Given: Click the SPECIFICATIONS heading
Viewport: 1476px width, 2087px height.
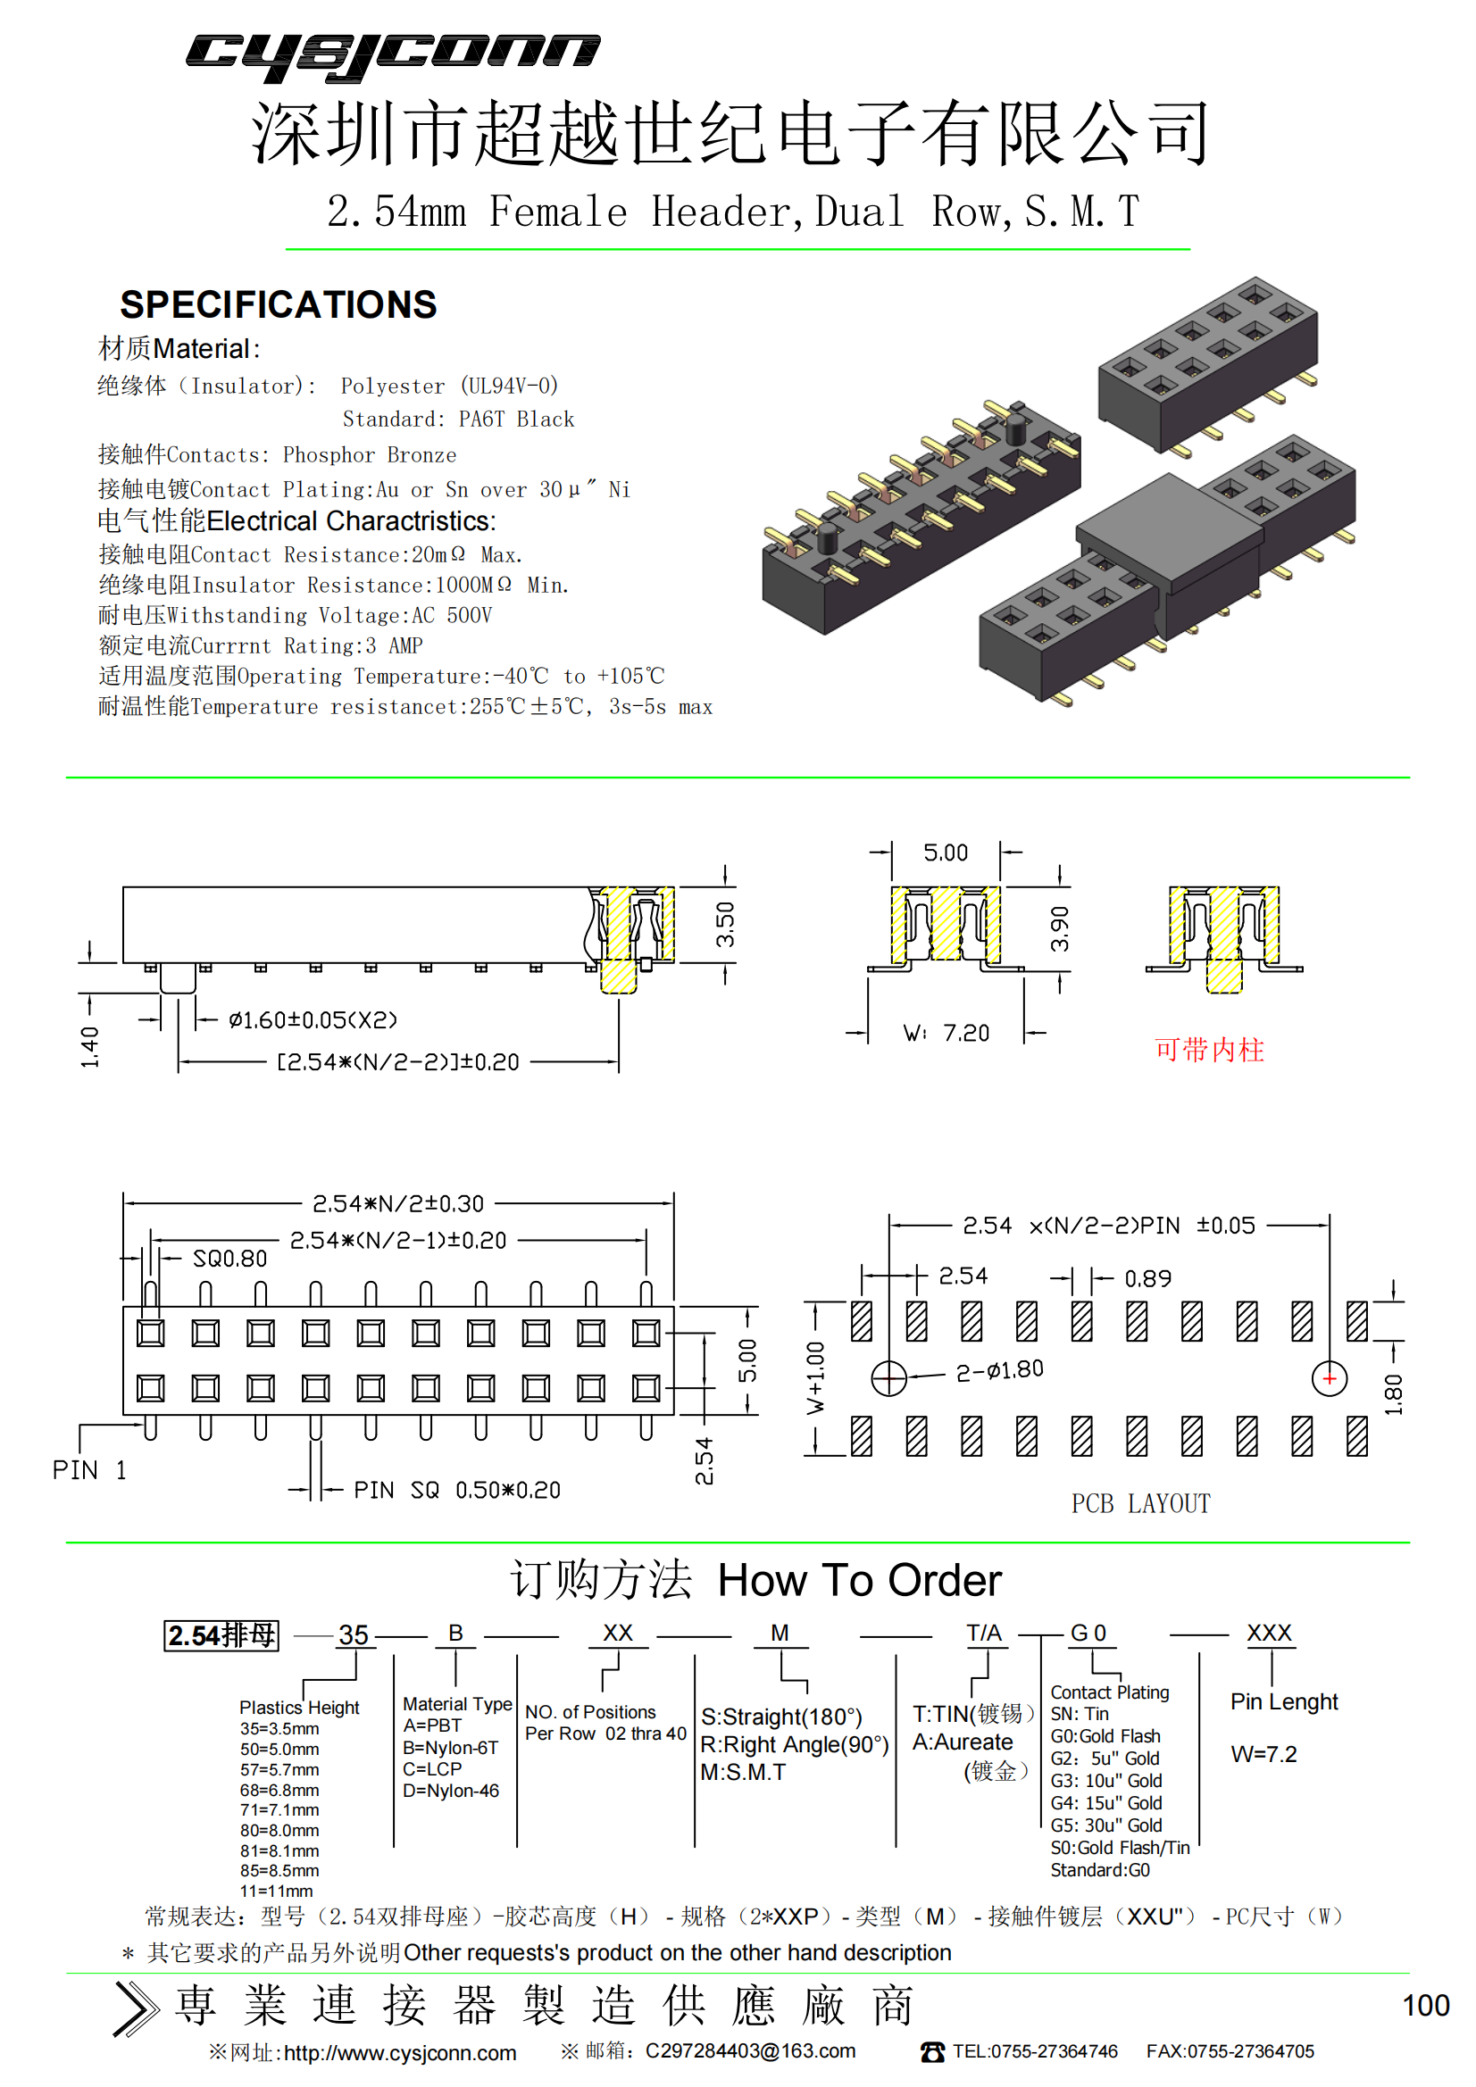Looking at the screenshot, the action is [x=279, y=305].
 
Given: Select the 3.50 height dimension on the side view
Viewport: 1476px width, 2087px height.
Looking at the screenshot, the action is [x=725, y=925].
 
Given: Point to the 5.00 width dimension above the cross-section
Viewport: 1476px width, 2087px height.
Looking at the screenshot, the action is [x=946, y=852].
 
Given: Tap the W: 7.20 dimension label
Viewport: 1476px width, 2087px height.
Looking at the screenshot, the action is [x=946, y=1033].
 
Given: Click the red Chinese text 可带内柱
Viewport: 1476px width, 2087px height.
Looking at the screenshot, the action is [x=1210, y=1050].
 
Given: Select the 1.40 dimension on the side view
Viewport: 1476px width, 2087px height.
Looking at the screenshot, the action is [x=89, y=1047].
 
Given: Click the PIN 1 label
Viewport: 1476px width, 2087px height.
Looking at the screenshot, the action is [x=89, y=1470].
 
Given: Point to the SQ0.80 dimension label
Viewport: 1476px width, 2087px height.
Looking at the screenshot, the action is [x=230, y=1259].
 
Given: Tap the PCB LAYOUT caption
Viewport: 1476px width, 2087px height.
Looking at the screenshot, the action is [x=1140, y=1503].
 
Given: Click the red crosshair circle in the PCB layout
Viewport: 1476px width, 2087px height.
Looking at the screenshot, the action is [x=1330, y=1379].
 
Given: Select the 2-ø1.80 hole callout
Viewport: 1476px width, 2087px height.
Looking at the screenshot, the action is [x=999, y=1371].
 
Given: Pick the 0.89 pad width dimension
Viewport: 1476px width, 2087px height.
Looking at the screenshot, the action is [x=1147, y=1279].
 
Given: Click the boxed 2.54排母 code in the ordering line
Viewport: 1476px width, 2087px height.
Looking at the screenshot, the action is [x=222, y=1635].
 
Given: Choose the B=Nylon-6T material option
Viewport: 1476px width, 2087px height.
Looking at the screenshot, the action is [x=450, y=1747].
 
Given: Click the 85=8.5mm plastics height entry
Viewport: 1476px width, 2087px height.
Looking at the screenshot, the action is [x=280, y=1871].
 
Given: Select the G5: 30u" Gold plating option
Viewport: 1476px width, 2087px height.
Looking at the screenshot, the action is [x=1105, y=1825].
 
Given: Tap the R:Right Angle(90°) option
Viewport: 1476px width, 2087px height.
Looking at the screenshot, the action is [x=794, y=1744].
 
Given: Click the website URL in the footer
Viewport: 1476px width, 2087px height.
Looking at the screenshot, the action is [x=400, y=2053].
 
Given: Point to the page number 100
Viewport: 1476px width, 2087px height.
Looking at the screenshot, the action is [x=1426, y=2005].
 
